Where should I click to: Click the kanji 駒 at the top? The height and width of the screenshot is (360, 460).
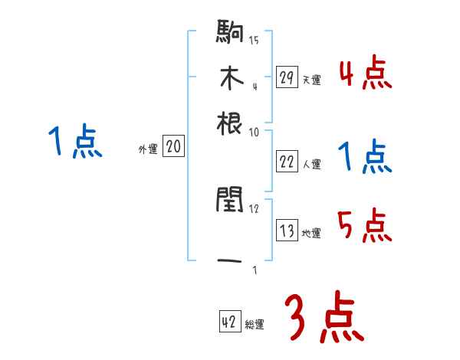pos(230,33)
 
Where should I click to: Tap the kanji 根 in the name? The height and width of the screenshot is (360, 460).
pos(230,123)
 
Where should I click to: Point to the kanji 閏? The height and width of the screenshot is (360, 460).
pos(230,201)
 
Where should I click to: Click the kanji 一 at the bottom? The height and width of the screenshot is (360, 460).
pos(230,262)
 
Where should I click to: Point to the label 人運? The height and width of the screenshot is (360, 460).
pos(311,164)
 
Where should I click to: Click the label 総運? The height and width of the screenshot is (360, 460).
pos(255,325)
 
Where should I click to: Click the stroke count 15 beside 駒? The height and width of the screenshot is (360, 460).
pos(254,40)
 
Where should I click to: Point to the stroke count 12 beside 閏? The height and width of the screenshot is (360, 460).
pos(254,208)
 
